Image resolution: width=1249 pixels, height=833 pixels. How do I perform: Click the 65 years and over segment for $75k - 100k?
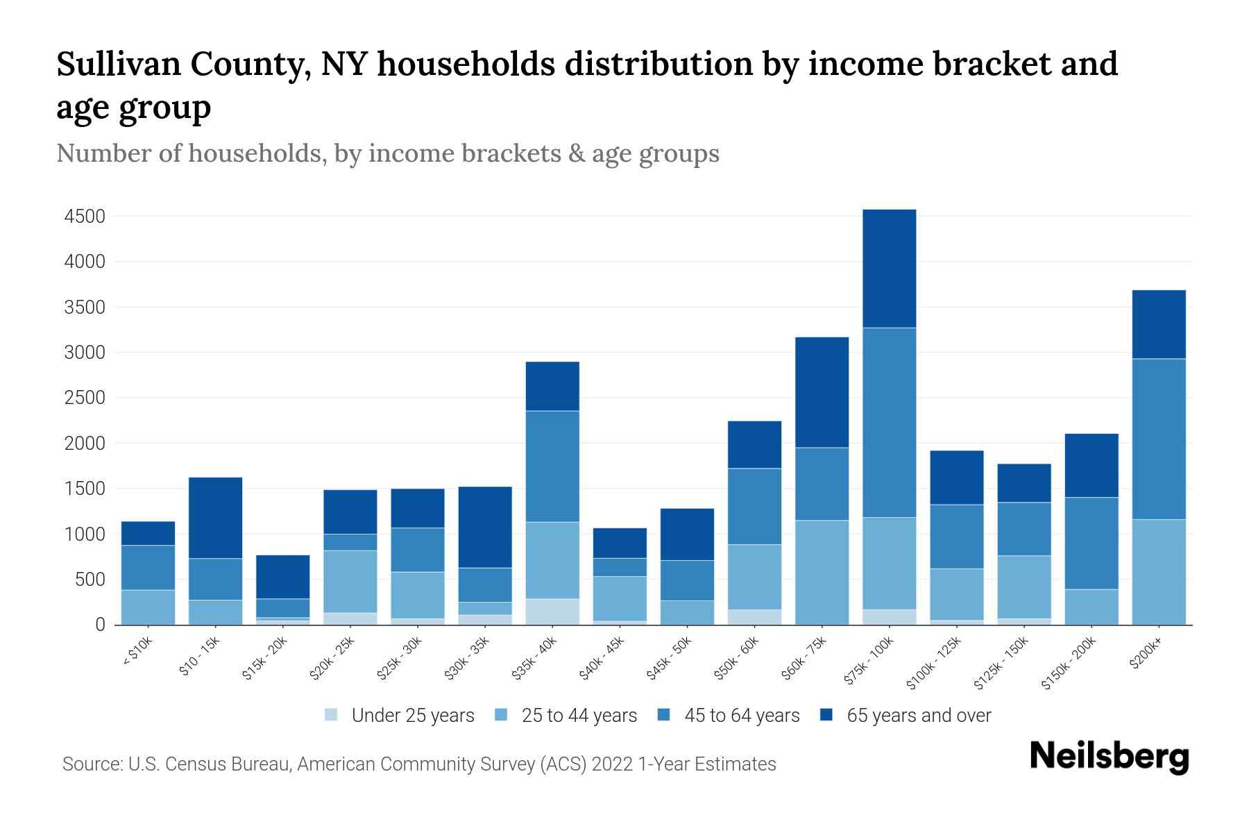(x=889, y=269)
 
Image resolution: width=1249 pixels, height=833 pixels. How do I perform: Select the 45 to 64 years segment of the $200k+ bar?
(x=1158, y=439)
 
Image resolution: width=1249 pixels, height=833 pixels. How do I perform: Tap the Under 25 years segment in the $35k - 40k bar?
(x=552, y=612)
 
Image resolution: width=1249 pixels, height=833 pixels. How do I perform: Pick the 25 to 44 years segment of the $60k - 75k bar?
(x=822, y=572)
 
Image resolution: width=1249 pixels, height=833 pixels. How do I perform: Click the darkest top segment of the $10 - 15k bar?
(x=216, y=518)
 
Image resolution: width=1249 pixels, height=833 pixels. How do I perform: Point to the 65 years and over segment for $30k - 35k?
(x=485, y=527)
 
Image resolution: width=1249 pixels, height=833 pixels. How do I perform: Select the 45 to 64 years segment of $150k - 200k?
(x=1091, y=544)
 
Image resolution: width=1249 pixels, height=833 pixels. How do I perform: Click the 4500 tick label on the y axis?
(x=85, y=217)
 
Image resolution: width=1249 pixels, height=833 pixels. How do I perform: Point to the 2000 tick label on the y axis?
(x=85, y=444)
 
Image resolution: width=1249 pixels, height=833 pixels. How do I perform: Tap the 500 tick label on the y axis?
(x=90, y=580)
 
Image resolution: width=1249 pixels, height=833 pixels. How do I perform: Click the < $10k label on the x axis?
(x=137, y=653)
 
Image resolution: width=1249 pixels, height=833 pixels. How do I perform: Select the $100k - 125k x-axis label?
(x=934, y=663)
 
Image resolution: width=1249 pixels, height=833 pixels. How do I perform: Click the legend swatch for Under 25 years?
(x=331, y=715)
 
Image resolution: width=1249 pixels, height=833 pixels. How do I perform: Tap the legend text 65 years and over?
(x=919, y=716)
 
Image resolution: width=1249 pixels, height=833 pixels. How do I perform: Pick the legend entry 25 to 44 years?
(x=579, y=716)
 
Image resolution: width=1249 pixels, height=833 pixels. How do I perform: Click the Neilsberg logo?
(x=1109, y=757)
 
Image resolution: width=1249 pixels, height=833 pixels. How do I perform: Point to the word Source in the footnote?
(x=91, y=764)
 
